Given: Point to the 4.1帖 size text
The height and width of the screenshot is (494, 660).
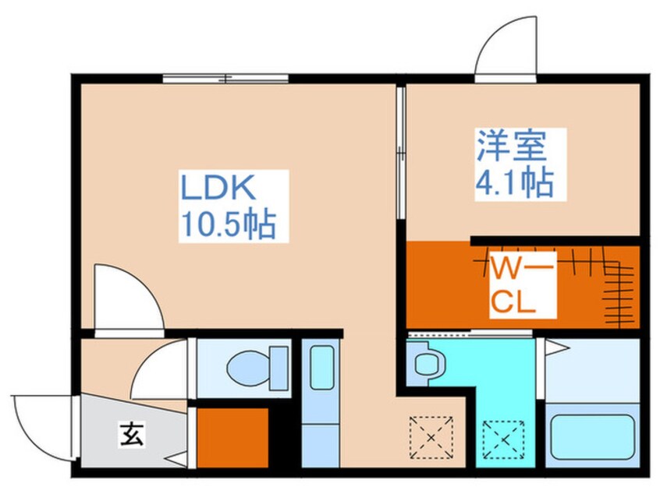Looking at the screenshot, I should tap(515, 185).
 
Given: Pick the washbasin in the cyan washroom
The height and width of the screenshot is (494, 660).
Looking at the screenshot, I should tap(427, 363).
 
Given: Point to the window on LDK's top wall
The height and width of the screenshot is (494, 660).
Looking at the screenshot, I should tap(225, 78).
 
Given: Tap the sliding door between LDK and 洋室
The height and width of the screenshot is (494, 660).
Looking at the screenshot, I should tap(399, 155).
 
